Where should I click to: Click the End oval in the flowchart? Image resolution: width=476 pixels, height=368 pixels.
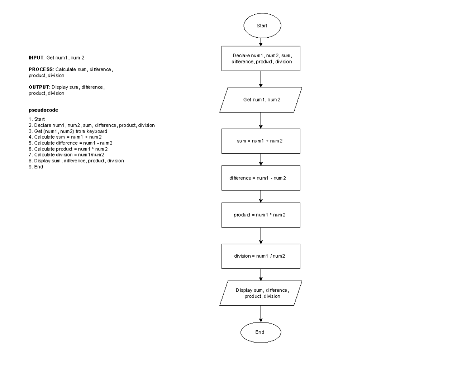click(x=261, y=332)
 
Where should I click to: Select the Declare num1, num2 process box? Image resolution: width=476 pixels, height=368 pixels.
click(x=261, y=59)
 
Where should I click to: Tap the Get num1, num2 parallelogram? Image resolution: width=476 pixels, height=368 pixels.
click(x=261, y=100)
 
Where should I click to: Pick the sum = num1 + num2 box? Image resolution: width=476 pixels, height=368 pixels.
click(x=261, y=141)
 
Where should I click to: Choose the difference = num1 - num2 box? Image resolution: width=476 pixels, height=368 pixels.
click(x=261, y=178)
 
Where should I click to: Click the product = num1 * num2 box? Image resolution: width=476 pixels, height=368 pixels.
click(x=261, y=215)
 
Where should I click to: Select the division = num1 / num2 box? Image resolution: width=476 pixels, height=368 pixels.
click(x=261, y=256)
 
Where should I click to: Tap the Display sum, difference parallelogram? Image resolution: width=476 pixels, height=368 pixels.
click(x=261, y=293)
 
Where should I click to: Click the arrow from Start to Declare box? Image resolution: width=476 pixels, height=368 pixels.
click(x=261, y=41)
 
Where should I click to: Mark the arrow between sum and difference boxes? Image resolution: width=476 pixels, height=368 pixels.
click(x=261, y=160)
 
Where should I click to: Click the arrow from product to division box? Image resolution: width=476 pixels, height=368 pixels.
click(x=261, y=236)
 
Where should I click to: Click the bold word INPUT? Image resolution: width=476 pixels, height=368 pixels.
click(x=36, y=58)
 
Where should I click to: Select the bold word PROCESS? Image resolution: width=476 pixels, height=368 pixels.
click(x=40, y=69)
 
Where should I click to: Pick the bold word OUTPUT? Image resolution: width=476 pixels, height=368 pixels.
click(x=39, y=87)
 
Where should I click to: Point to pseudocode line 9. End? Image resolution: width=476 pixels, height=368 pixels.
click(x=36, y=167)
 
